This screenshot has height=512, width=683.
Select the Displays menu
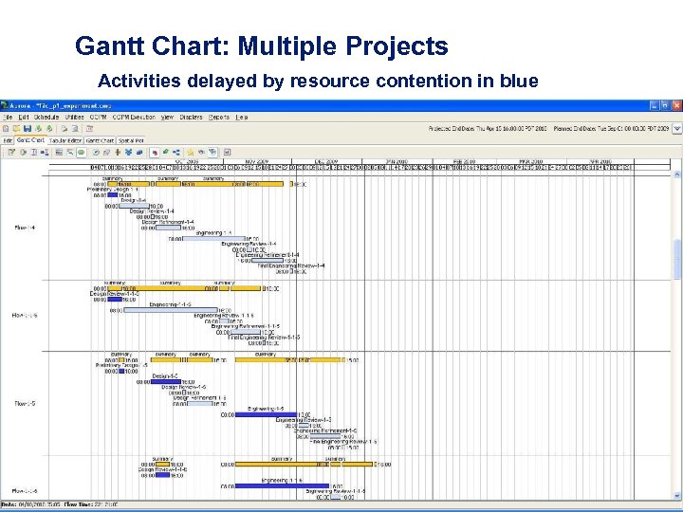[191, 117]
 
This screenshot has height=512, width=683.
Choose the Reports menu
[219, 117]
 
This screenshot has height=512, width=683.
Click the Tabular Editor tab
[65, 139]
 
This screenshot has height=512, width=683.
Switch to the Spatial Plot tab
[132, 139]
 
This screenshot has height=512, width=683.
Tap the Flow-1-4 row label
[26, 228]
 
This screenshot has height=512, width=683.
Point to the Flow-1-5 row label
[26, 404]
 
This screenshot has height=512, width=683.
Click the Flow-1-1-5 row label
[26, 315]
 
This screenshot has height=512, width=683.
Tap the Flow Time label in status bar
[76, 503]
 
